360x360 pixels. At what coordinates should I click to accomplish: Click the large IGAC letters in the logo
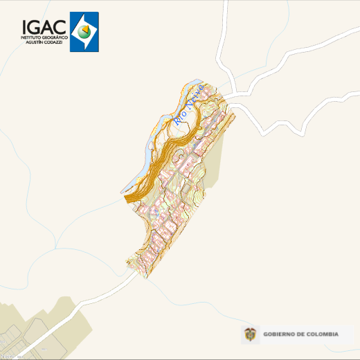(44, 26)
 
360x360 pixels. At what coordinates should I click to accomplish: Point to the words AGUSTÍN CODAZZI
(44, 42)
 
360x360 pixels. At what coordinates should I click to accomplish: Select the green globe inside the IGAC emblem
(84, 31)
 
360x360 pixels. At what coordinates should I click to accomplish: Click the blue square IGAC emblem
(84, 32)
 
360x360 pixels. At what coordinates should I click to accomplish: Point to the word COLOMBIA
(323, 335)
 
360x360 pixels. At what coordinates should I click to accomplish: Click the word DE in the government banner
(303, 335)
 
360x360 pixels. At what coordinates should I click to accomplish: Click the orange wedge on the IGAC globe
(87, 31)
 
